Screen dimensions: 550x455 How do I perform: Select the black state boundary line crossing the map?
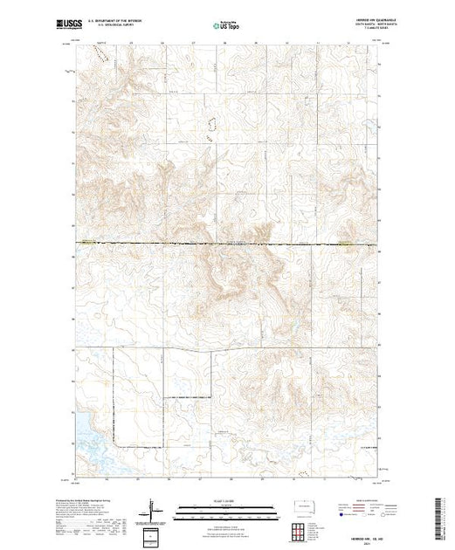[227, 244]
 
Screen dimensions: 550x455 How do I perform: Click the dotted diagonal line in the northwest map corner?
[99, 54]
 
